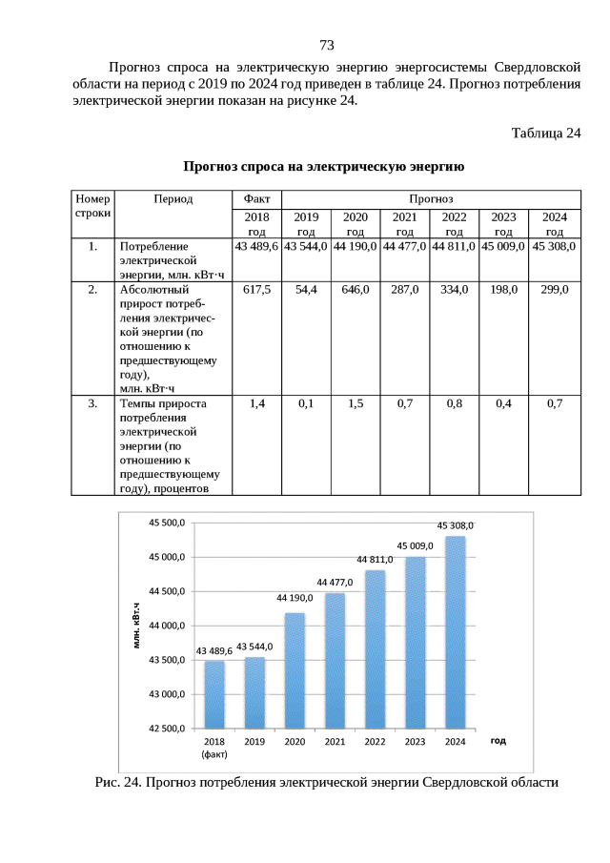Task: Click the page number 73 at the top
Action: coord(326,45)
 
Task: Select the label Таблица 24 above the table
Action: coord(546,133)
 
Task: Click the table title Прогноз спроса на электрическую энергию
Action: coord(324,168)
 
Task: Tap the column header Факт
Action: coord(256,199)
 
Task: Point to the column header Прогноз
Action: coord(430,199)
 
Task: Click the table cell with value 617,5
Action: coord(256,289)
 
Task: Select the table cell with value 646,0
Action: coord(356,289)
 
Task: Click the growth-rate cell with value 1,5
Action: coord(356,403)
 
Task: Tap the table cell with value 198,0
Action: coord(504,289)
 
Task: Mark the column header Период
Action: coord(173,199)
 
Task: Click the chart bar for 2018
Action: coord(214,693)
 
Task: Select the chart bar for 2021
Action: coord(335,660)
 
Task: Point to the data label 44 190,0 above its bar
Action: coord(295,598)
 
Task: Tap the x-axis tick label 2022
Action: coord(375,741)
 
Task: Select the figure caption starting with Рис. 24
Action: coord(325,782)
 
